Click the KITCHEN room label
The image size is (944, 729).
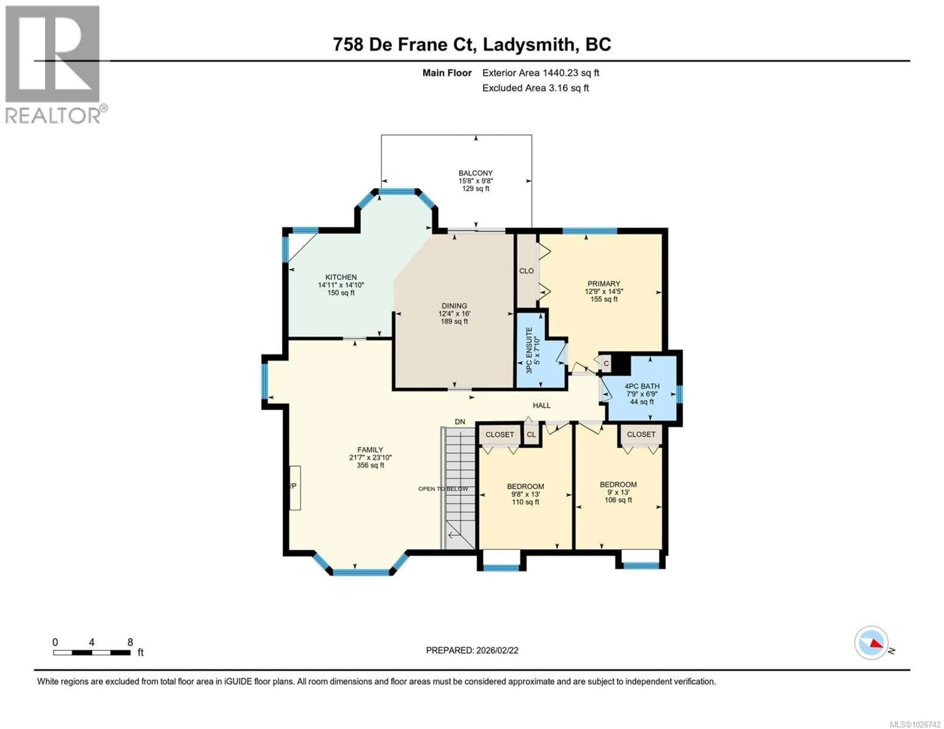tap(341, 277)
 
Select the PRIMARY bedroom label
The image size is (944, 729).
tap(604, 284)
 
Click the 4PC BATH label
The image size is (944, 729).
tap(642, 386)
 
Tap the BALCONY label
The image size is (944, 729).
tap(475, 173)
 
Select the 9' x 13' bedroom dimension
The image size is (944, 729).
tap(618, 492)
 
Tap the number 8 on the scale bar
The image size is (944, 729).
tap(130, 642)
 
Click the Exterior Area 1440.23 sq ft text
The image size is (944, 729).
tap(540, 73)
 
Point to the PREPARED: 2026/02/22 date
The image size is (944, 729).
tap(472, 650)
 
